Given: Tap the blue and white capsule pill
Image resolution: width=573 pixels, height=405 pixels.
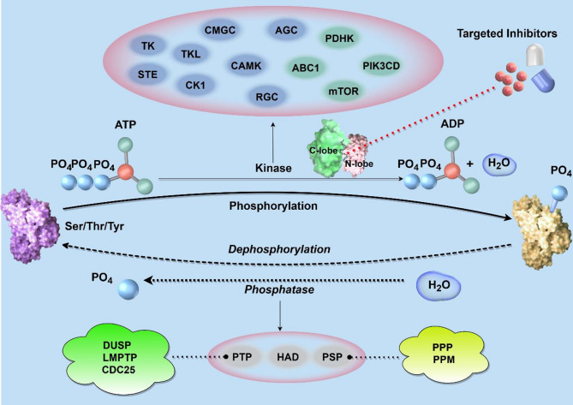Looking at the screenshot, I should click(536, 69).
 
